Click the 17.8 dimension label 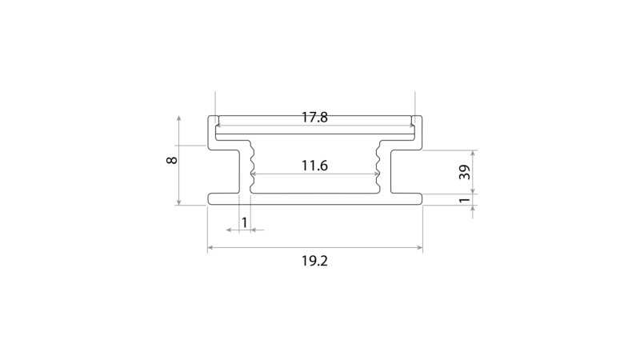(x=314, y=118)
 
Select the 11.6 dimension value (x=314, y=166)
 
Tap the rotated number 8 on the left (x=172, y=160)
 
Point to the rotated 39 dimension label (x=465, y=172)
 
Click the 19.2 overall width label (x=314, y=261)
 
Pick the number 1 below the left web (x=244, y=223)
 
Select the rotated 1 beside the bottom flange (x=465, y=201)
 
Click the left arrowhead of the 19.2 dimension (x=210, y=247)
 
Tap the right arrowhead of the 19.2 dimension (x=419, y=247)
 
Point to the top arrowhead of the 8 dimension (x=178, y=118)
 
